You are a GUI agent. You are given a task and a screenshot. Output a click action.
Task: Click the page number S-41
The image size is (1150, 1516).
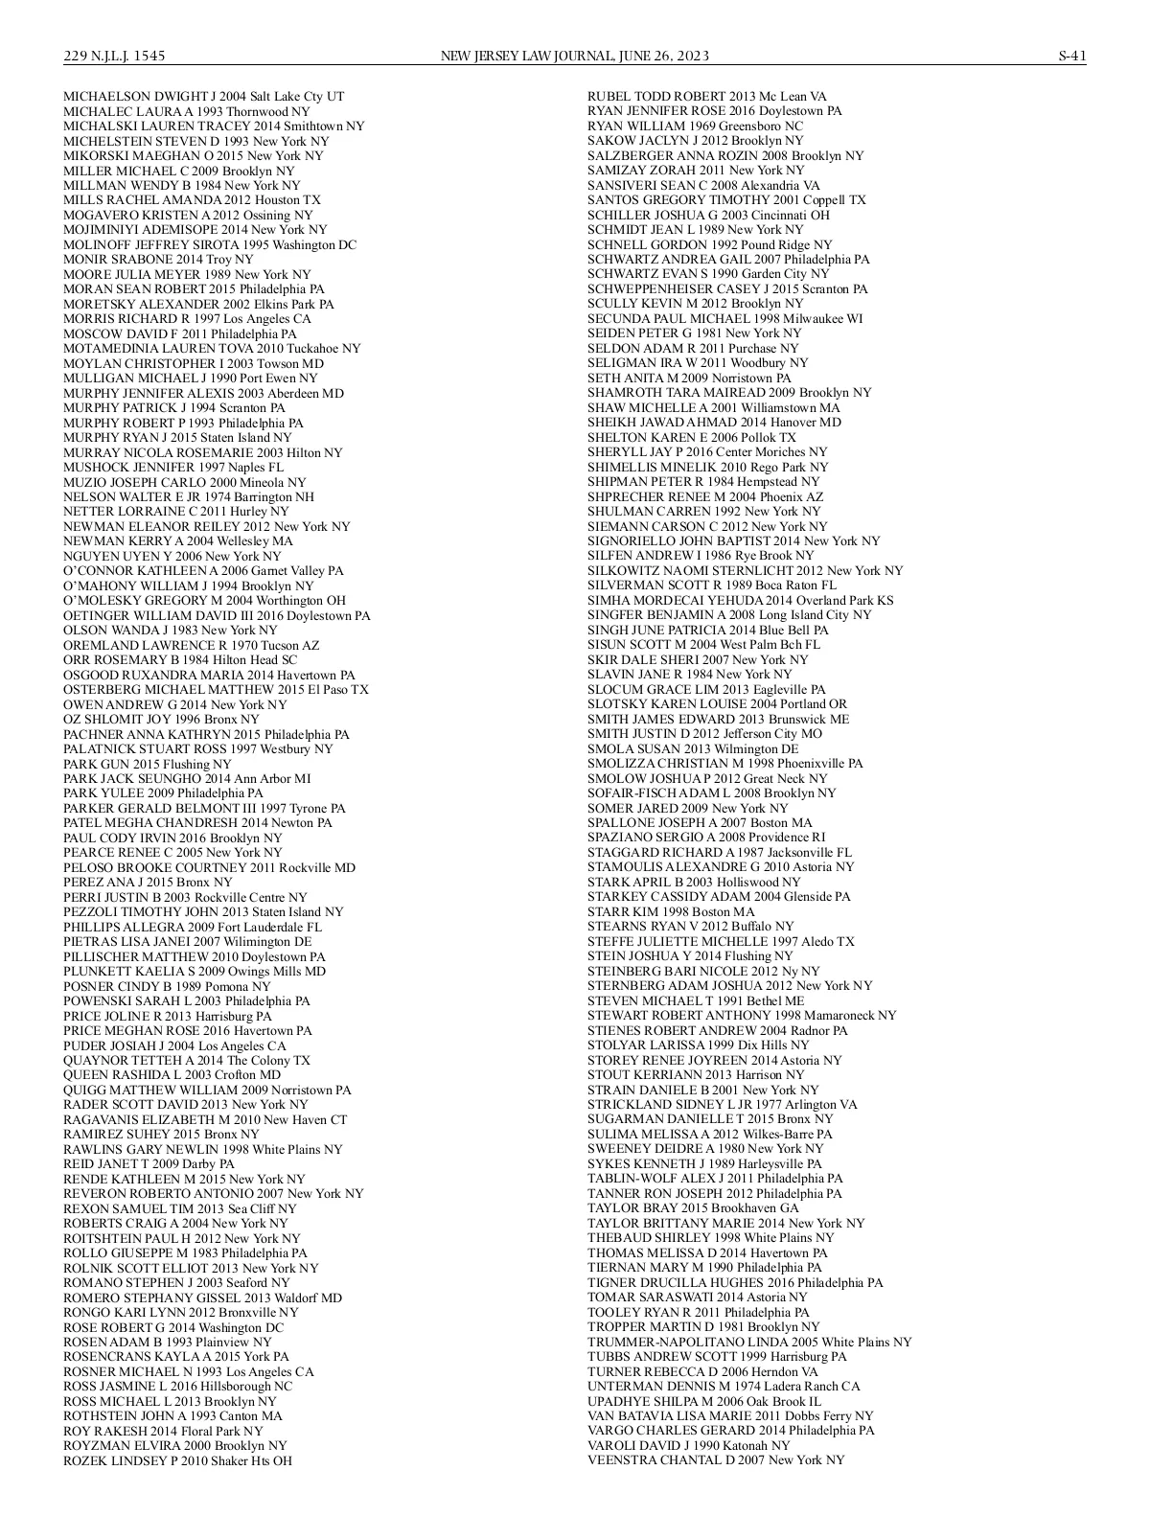point(1071,56)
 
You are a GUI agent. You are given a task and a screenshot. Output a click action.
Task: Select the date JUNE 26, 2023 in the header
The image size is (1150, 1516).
point(662,56)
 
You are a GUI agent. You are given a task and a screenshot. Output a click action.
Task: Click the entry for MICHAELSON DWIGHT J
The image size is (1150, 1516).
point(203,97)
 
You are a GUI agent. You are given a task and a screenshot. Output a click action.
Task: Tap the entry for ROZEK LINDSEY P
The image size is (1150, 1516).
point(177,1460)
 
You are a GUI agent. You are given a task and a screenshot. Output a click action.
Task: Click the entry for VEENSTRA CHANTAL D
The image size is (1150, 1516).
point(716,1459)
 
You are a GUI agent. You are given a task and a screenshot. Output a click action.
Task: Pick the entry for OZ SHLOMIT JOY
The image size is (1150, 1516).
point(161,719)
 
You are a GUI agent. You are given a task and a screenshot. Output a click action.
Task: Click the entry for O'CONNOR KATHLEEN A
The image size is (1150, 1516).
point(203,571)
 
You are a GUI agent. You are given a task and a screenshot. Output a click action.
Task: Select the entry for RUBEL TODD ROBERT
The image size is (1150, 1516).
point(706,97)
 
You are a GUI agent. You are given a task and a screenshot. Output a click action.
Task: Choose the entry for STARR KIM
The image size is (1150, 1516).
point(671,912)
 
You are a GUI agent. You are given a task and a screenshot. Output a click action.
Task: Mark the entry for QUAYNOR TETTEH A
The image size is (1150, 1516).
point(187,1061)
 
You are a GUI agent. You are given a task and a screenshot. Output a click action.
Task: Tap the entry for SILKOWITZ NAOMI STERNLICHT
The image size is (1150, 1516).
point(745,571)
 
